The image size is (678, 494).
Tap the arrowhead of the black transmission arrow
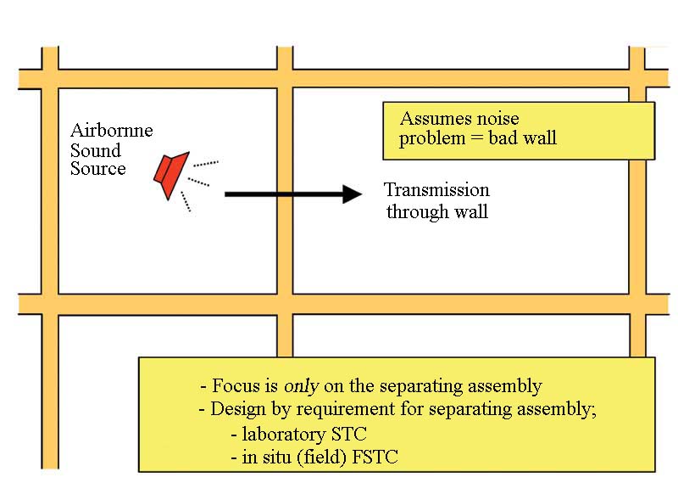(x=352, y=194)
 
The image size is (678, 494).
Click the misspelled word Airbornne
(x=112, y=130)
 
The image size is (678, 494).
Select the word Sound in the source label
(x=96, y=150)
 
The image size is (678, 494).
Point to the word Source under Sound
(x=98, y=168)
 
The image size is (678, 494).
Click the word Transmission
(x=436, y=189)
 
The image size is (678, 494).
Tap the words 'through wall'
(x=437, y=211)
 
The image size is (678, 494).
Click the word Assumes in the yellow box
(x=429, y=118)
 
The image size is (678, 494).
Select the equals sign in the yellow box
(x=476, y=138)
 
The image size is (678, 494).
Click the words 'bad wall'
(x=522, y=138)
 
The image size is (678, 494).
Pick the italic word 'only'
(x=302, y=385)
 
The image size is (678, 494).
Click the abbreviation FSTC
(x=375, y=457)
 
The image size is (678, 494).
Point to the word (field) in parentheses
(x=322, y=458)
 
